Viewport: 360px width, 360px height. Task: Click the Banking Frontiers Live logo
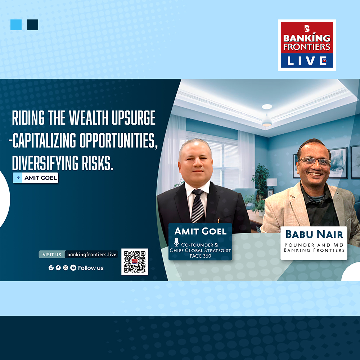coord(307,45)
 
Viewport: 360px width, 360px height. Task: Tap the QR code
coord(135,262)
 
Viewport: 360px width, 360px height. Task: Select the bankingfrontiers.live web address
coord(92,255)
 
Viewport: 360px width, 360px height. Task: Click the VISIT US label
coord(52,255)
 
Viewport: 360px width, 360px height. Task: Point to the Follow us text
coord(91,268)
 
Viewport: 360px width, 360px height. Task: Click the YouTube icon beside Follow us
coord(73,268)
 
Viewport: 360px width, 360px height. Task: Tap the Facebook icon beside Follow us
coord(58,268)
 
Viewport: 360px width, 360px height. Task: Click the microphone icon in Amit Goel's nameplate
coord(176,242)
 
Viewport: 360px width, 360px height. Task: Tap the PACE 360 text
coord(200,256)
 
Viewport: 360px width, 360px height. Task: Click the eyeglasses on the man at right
coord(315,161)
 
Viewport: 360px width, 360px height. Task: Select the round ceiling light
coord(267,107)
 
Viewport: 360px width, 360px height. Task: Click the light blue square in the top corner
coord(16,25)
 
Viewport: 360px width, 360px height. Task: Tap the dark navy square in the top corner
coord(32,25)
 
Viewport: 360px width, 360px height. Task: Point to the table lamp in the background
coord(272,183)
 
